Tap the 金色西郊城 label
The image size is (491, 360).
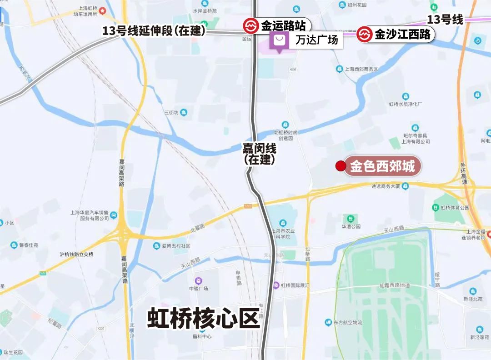point(382,167)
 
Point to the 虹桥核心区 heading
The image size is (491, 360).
point(203,318)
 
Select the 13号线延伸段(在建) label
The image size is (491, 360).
point(154,31)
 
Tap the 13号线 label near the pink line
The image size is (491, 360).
point(445,20)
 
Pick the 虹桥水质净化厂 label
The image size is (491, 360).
point(406,104)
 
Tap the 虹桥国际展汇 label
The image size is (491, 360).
point(295,285)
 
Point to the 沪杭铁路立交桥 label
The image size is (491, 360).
point(76,254)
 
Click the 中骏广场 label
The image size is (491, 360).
point(198,289)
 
